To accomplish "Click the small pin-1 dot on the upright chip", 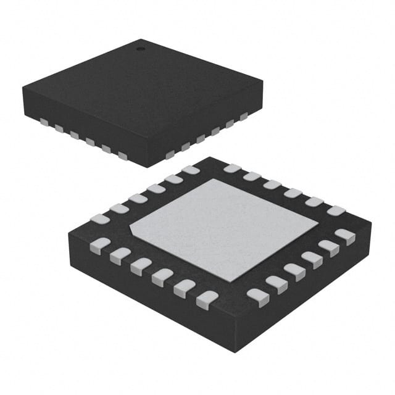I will coord(140,47).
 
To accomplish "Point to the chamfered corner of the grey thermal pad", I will coord(131,229).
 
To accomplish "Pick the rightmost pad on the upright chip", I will coord(244,115).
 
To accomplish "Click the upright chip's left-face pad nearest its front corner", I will coord(122,156).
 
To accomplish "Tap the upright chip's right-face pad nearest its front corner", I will coord(170,154).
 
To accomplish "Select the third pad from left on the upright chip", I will coord(74,135).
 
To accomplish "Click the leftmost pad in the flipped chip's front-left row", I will coord(99,246).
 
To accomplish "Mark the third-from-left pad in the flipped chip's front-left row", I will coord(141,266).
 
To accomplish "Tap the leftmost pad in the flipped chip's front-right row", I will coord(257,296).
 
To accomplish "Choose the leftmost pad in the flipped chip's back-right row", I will coord(232,168).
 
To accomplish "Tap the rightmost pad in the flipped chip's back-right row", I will coord(336,211).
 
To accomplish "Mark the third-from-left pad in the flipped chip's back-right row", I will coord(272,185).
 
